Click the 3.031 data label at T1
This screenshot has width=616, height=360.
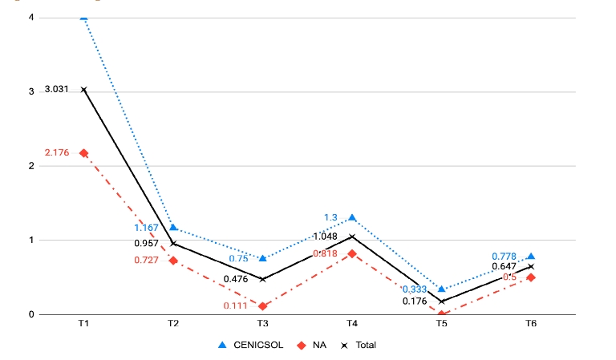pyautogui.click(x=58, y=89)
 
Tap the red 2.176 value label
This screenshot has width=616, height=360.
pyautogui.click(x=58, y=152)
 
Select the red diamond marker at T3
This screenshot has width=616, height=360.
pyautogui.click(x=263, y=306)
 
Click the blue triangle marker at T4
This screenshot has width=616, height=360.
pyautogui.click(x=352, y=217)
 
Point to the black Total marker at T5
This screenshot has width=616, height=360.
pyautogui.click(x=442, y=301)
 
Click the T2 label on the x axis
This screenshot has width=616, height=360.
pyautogui.click(x=173, y=323)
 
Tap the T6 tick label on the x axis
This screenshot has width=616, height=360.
pyautogui.click(x=531, y=323)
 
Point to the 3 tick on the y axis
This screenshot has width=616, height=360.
pyautogui.click(x=31, y=92)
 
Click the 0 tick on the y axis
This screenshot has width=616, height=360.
pyautogui.click(x=31, y=314)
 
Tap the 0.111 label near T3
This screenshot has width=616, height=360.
pyautogui.click(x=237, y=306)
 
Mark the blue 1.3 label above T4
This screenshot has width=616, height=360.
pyautogui.click(x=330, y=217)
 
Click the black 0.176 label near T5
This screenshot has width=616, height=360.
pyautogui.click(x=415, y=301)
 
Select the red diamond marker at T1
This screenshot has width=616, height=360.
pyautogui.click(x=84, y=152)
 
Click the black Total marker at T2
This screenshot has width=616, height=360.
pyautogui.click(x=173, y=243)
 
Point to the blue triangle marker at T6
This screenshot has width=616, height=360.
pyautogui.click(x=531, y=256)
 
